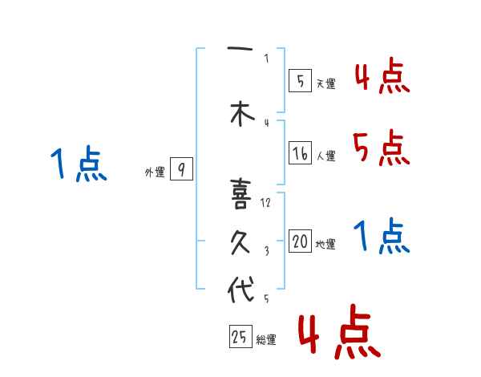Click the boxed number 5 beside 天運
click(299, 80)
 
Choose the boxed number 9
click(182, 169)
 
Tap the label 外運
click(155, 172)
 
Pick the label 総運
click(266, 340)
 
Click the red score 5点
click(381, 148)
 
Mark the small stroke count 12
click(266, 203)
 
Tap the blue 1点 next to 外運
click(78, 165)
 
